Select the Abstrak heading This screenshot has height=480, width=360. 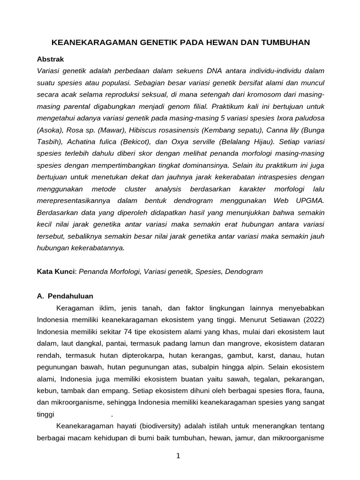(50, 59)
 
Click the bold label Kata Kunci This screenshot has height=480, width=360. (56, 271)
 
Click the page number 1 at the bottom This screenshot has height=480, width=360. (178, 457)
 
